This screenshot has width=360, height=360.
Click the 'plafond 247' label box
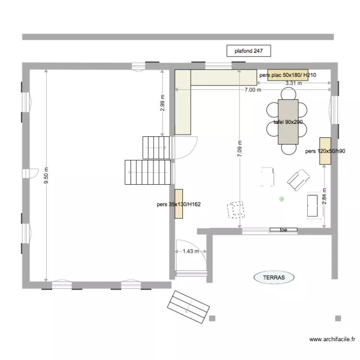[249, 50]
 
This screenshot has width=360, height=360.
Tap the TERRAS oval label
[274, 277]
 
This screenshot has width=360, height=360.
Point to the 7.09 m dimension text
[239, 149]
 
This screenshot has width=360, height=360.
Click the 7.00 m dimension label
[253, 90]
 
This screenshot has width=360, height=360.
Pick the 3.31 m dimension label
[294, 83]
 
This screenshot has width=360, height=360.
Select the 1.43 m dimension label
[191, 251]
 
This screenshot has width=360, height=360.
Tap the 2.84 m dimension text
[324, 196]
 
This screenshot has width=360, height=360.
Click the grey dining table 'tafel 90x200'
[288, 122]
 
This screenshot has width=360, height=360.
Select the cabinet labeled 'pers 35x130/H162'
[179, 204]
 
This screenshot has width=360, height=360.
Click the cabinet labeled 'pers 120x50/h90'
[326, 145]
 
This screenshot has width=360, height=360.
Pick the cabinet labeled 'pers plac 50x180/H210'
[287, 75]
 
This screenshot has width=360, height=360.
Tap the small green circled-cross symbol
[282, 199]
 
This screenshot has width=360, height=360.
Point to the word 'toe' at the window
[283, 230]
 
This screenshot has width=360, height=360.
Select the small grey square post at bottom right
[338, 318]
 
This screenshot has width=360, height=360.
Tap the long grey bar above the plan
[178, 37]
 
